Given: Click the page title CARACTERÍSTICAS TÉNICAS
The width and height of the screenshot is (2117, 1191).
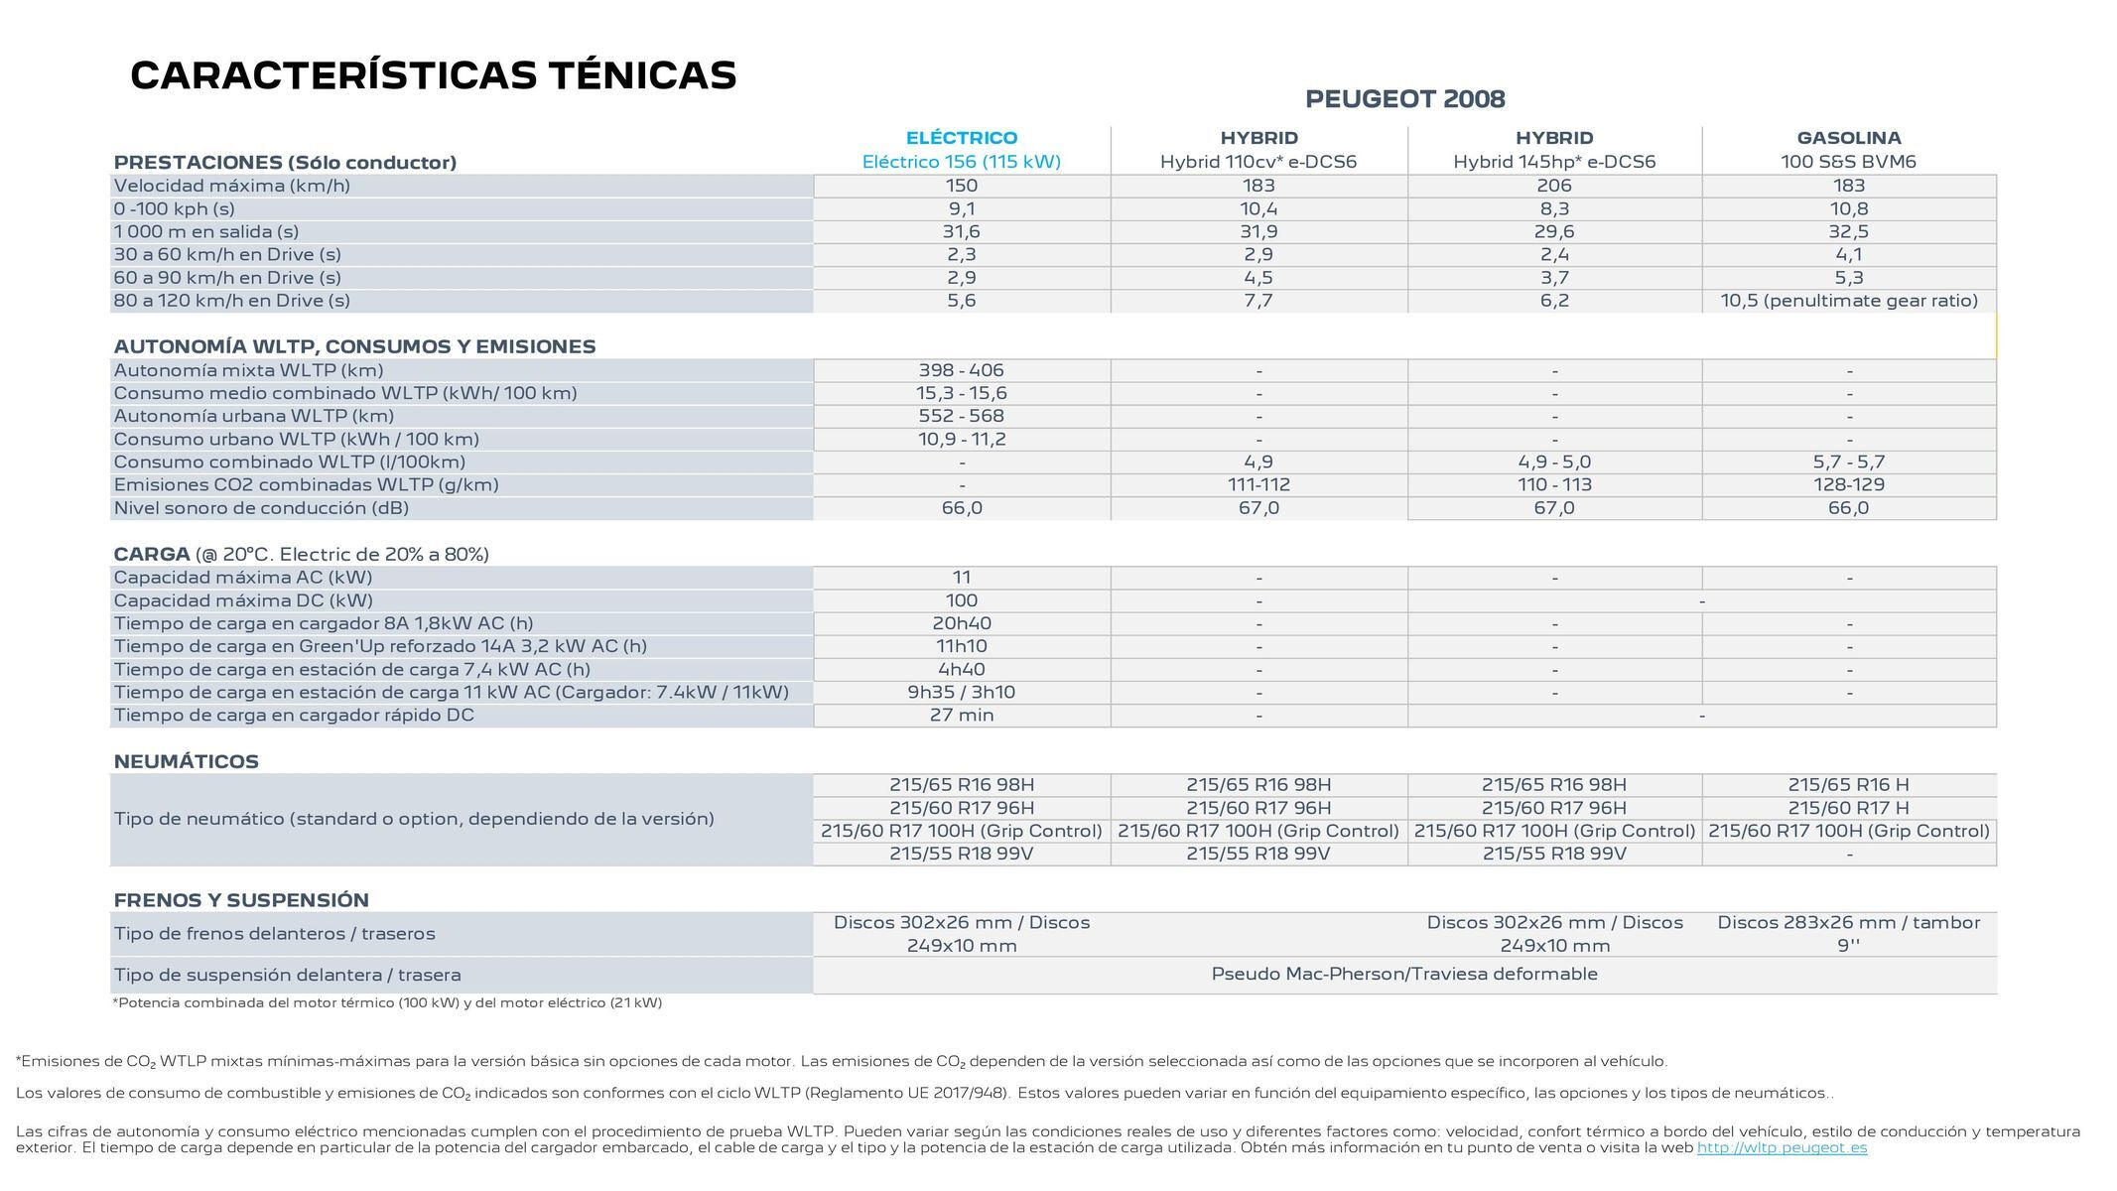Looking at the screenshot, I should (433, 76).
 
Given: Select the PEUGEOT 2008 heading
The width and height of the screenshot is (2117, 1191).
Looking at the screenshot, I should (1404, 99).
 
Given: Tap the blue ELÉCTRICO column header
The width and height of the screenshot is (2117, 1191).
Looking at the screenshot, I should (961, 138).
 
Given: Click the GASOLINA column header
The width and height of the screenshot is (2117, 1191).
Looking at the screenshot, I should (1848, 138).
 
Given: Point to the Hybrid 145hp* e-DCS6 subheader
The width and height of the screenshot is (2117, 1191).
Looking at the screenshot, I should (1553, 162).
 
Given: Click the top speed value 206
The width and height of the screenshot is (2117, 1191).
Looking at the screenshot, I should (1553, 186).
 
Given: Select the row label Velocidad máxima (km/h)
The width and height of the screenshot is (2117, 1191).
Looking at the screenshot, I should (231, 186).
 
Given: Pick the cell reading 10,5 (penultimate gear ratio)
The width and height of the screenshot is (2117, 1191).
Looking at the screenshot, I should (1848, 301).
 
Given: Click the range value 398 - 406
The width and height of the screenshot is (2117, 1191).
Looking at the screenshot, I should (961, 370).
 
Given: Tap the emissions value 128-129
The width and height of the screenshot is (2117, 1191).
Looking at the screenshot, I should (1848, 484).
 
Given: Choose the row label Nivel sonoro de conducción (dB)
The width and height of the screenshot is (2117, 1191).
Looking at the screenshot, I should (261, 508).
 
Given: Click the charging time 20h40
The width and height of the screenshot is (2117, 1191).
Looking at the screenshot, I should (961, 623).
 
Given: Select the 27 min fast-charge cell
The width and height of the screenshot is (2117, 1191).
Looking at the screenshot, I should (961, 716).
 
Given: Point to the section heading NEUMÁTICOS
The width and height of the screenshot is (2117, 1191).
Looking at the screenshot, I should (186, 761).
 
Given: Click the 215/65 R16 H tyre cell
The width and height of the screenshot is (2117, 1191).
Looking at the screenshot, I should (1848, 785).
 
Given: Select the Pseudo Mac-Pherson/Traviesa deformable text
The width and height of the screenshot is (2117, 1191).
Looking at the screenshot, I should (1403, 974).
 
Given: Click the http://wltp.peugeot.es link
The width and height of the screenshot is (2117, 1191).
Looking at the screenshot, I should (1782, 1148).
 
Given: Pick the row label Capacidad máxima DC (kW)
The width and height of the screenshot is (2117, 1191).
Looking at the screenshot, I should (243, 600).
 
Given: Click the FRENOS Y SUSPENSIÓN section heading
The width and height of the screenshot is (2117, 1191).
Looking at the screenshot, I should (241, 900).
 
